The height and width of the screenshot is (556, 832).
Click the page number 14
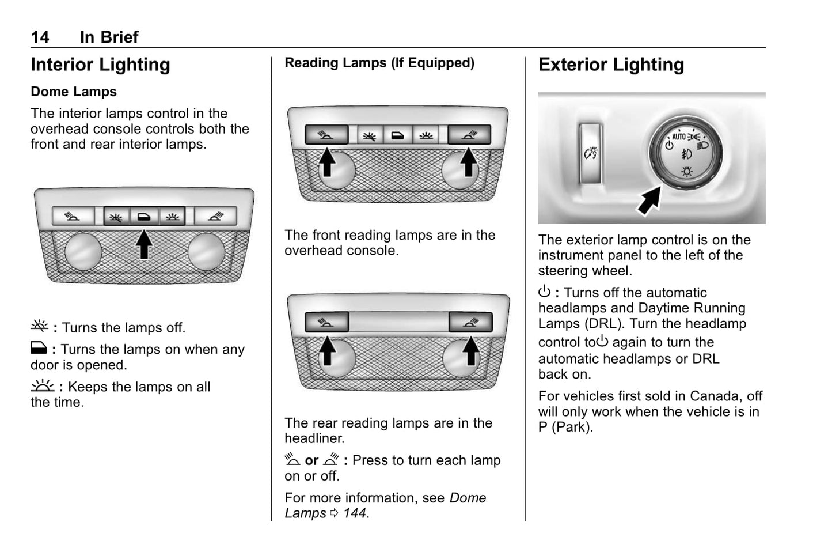(40, 37)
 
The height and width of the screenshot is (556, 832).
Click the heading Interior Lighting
(100, 65)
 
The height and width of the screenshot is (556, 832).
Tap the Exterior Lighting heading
(611, 65)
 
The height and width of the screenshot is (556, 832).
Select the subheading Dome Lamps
(74, 92)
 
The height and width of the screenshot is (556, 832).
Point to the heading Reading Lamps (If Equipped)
(379, 63)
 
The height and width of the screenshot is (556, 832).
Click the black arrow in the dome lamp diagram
(144, 244)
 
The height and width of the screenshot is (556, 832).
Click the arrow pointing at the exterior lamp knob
(650, 201)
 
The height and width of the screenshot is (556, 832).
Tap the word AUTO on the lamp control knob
(679, 137)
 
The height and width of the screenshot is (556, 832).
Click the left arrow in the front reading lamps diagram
(327, 161)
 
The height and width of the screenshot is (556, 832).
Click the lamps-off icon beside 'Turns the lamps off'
(40, 327)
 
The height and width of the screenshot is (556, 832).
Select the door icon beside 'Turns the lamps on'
(39, 348)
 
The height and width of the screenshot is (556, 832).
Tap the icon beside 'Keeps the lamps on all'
(42, 385)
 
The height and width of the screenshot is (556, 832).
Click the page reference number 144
(355, 513)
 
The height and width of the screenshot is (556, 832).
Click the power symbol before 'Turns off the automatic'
(544, 292)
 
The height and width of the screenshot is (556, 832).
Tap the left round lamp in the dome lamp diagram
(83, 252)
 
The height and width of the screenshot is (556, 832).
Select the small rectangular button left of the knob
(591, 153)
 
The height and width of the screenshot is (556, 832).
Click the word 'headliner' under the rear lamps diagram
(314, 438)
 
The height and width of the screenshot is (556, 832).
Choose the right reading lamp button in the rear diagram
(470, 322)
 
